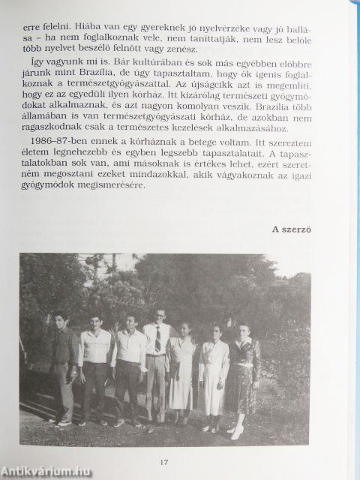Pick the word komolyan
pos(207,142)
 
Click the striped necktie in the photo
pos(158,339)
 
